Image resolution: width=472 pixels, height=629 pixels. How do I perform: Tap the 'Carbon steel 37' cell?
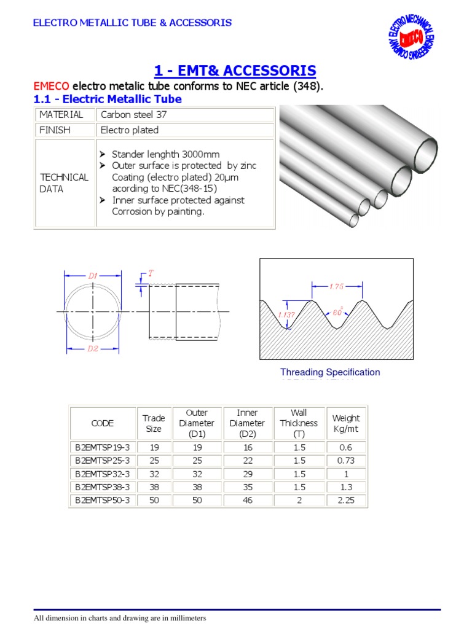pos(133,115)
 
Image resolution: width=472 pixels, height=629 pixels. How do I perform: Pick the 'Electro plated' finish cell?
pos(130,130)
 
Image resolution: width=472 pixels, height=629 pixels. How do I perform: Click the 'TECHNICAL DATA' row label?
pos(64,183)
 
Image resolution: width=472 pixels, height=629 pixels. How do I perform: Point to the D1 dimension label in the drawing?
pos(93,276)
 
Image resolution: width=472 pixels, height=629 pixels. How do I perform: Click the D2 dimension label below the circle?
pos(93,349)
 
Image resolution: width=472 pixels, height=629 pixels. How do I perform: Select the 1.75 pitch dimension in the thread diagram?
pos(337,286)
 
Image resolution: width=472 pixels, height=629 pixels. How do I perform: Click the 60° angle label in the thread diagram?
pos(337,313)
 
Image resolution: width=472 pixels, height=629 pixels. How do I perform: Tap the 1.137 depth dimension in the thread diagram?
pos(286,314)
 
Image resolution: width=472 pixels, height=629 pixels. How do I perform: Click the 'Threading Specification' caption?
pos(330,372)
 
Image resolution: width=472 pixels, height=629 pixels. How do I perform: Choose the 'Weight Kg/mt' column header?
pos(346,423)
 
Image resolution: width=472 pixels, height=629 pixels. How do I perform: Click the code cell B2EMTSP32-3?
pos(103,474)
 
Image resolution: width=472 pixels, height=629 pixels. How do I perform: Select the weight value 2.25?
pos(346,500)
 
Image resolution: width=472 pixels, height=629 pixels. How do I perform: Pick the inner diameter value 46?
pos(247,500)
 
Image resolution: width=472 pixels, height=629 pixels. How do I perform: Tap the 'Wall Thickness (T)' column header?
pos(299,423)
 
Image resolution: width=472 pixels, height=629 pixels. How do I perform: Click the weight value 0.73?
pos(346,461)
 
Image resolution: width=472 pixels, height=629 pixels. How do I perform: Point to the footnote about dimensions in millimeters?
pos(120,618)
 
